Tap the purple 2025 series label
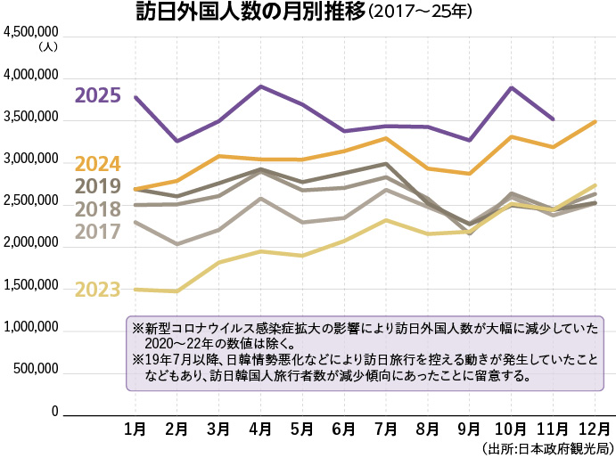tap(97, 95)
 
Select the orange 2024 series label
tap(97, 165)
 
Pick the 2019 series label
tap(97, 187)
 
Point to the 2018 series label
tap(97, 209)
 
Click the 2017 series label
tap(97, 232)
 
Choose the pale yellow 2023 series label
tap(97, 290)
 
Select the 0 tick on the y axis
tap(54, 413)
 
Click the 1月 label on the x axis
tap(135, 429)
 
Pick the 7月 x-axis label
tap(386, 429)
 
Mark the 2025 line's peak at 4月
tap(260, 86)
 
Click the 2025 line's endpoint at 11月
tap(554, 119)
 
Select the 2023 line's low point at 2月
tap(177, 291)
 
